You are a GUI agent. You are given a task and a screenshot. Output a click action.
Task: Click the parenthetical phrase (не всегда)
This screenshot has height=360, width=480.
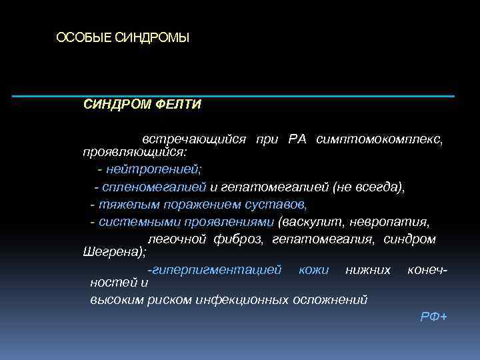pyautogui.click(x=367, y=188)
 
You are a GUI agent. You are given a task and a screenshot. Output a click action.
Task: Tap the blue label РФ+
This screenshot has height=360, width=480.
pyautogui.click(x=434, y=316)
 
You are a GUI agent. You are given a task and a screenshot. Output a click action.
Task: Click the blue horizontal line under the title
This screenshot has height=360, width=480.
pyautogui.click(x=233, y=97)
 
